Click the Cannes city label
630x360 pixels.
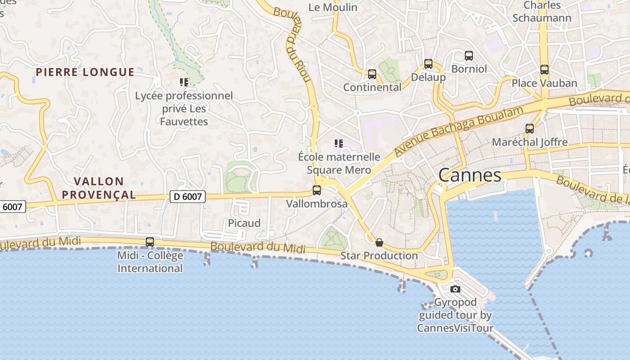click(470, 175)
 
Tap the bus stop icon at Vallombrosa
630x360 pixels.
click(317, 190)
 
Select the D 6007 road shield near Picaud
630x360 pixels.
click(188, 196)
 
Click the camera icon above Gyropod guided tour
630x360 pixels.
click(455, 289)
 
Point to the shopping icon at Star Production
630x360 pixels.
click(379, 243)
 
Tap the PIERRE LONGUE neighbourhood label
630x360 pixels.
click(85, 72)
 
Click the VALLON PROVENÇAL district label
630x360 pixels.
click(99, 188)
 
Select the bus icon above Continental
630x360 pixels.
click(372, 74)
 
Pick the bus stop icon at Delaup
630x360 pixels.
click(428, 64)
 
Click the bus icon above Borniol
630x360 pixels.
click(469, 56)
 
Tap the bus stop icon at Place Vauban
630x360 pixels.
click(544, 70)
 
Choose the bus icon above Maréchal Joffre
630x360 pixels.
click(530, 129)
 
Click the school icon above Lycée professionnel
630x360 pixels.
click(184, 82)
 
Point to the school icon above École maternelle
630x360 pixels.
click(339, 144)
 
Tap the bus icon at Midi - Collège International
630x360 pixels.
click(150, 242)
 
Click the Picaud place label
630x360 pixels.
click(244, 223)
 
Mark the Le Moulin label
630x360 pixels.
click(333, 7)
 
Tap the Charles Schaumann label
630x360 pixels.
click(542, 12)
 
